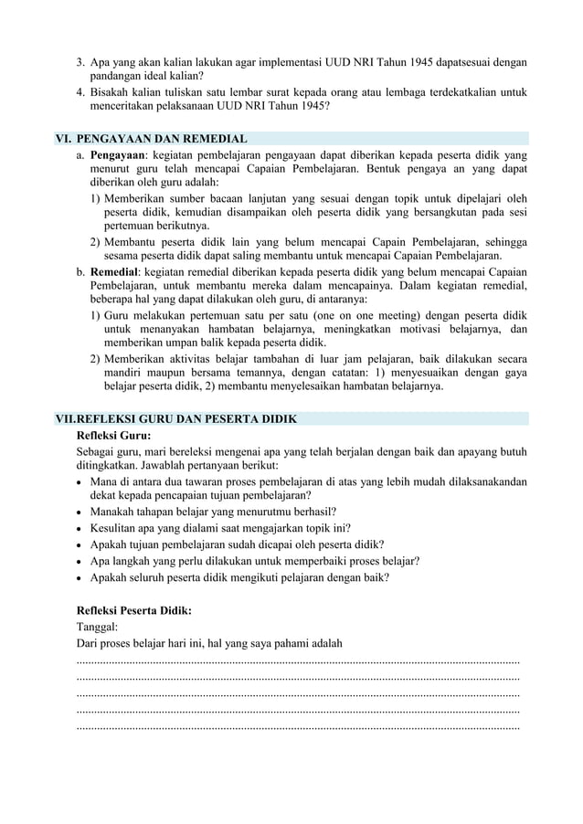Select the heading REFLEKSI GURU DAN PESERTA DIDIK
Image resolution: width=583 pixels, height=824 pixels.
click(186, 418)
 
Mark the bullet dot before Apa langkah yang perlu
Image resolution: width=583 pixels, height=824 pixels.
click(81, 561)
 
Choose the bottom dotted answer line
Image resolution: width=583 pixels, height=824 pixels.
click(299, 727)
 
